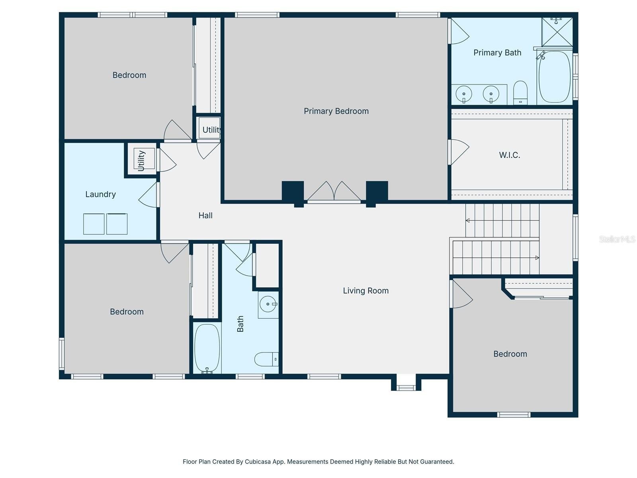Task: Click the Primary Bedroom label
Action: [x=336, y=111]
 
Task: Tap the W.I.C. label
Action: [x=510, y=155]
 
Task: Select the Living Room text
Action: [x=365, y=291]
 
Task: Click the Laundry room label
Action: [x=100, y=194]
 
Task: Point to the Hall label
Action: [x=205, y=215]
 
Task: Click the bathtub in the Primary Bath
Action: [x=555, y=76]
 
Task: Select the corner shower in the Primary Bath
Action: [x=557, y=32]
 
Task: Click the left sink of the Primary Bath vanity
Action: [x=464, y=94]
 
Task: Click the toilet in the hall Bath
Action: [x=266, y=359]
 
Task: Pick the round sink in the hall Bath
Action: [x=268, y=304]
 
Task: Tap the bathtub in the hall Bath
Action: [x=207, y=348]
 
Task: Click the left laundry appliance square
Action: [x=94, y=224]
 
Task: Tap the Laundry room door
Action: [x=149, y=196]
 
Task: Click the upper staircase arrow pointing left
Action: [x=468, y=220]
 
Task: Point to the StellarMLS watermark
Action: [x=617, y=239]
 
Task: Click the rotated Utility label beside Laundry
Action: [x=141, y=160]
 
